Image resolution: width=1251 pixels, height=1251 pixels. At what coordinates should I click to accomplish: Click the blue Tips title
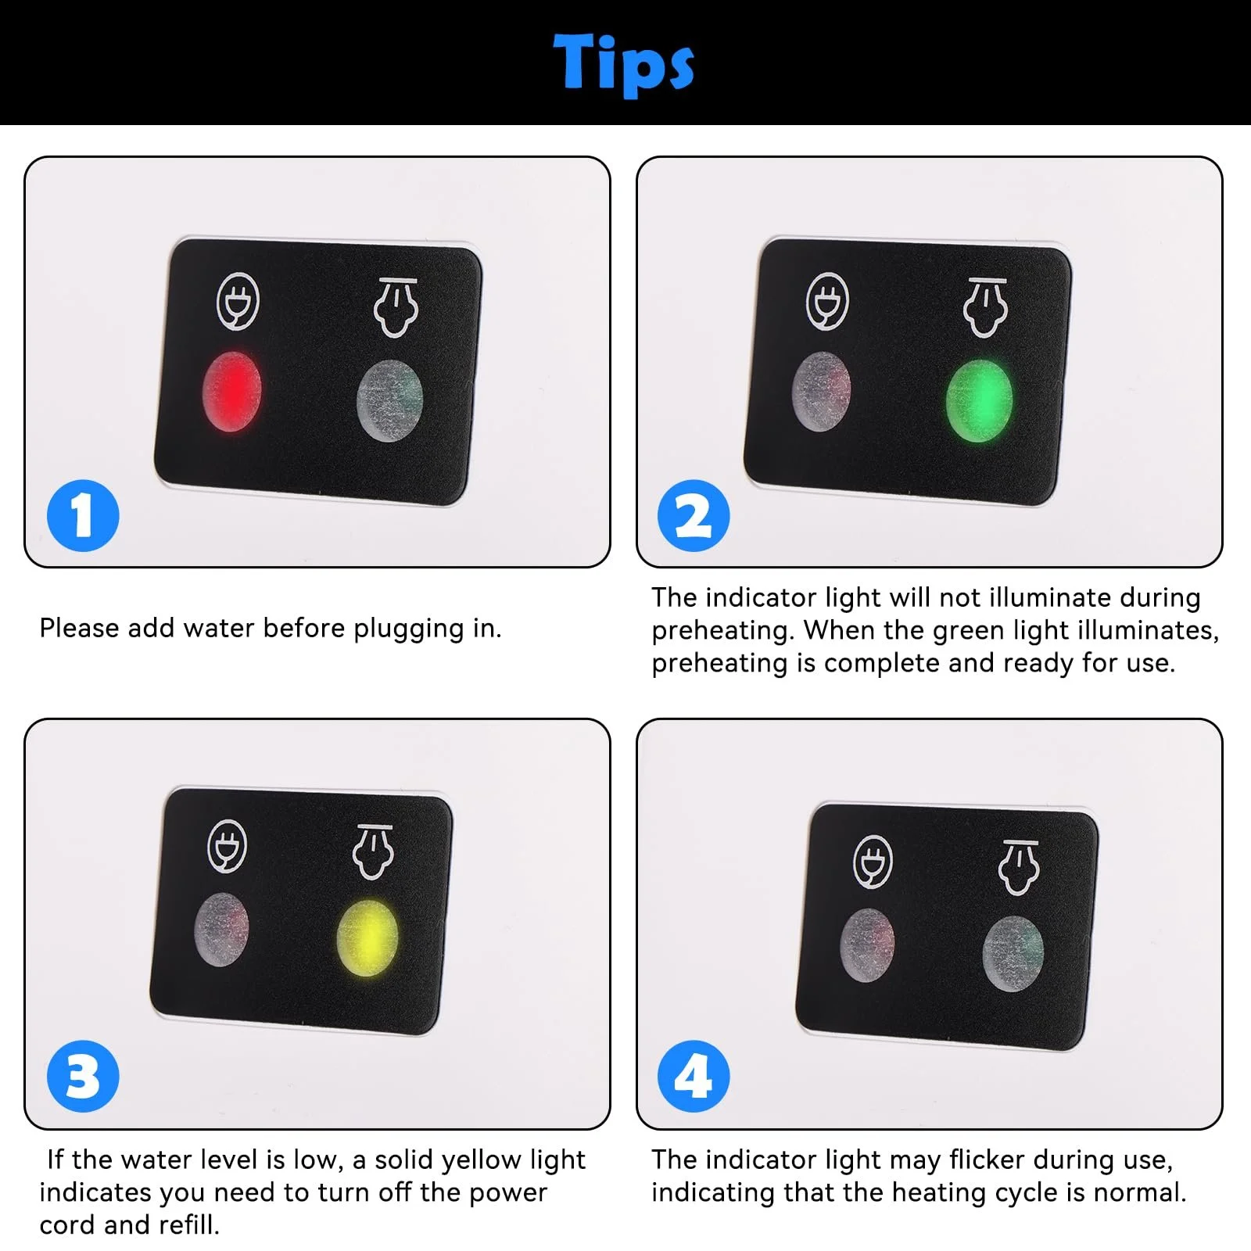coord(623,64)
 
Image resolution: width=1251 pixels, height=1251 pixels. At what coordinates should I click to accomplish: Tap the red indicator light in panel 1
coord(231,391)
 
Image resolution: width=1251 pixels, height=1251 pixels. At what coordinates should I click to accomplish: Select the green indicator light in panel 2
coord(979,400)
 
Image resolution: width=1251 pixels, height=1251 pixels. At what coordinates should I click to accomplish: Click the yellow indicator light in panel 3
coord(367,938)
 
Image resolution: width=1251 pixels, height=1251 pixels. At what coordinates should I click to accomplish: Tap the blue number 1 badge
coord(83,516)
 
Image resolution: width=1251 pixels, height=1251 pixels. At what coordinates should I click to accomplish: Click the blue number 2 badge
coord(694,516)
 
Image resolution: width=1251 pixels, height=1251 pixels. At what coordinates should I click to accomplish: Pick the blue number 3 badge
coord(83,1077)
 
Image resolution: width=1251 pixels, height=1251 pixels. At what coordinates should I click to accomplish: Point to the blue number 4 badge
coord(694,1077)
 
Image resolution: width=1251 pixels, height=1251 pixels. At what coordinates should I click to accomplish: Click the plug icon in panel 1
coord(238,299)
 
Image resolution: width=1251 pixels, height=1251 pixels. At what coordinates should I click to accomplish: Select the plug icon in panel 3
coord(228,845)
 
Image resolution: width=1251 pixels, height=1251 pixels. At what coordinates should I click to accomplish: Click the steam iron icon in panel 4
coord(1019,868)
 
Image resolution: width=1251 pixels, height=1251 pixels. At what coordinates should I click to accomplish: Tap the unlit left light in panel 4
coord(867,945)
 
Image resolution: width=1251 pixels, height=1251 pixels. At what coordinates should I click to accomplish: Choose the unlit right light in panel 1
coord(389,400)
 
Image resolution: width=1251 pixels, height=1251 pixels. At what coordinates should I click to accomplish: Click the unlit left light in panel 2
coord(821,391)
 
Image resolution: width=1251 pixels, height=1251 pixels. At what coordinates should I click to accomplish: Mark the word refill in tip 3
coord(188,1224)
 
